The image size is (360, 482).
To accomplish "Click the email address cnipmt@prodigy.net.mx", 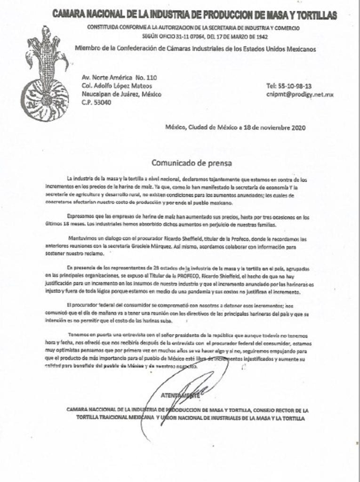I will point(300,94).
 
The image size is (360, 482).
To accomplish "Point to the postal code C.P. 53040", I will point(97,102).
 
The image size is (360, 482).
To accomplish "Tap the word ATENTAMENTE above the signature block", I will point(180,396).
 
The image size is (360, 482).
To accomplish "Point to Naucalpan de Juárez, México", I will point(121,94).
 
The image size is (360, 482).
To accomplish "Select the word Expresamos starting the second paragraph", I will point(81,217).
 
